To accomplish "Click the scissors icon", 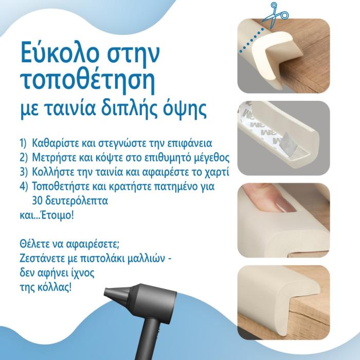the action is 275,15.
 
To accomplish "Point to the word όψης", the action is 184,109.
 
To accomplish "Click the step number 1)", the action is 24,143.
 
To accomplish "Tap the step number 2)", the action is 24,157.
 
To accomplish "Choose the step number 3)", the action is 24,172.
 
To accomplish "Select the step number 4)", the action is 24,186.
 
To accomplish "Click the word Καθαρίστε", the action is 57,143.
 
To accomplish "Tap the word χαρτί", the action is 216,172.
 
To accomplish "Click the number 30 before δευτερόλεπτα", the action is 37,201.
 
